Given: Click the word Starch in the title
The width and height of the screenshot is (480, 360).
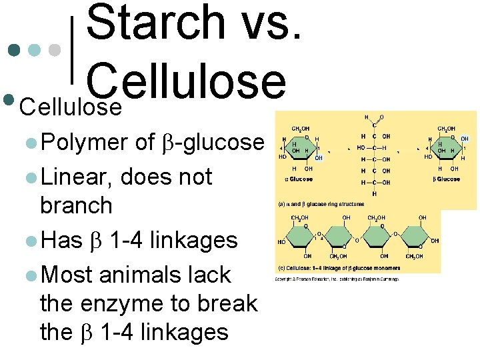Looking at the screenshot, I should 157,23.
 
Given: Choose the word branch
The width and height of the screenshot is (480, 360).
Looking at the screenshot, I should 76,205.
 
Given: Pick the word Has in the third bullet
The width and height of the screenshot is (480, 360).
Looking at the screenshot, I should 61,239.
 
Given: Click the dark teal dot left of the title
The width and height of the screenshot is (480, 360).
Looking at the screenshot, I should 14,50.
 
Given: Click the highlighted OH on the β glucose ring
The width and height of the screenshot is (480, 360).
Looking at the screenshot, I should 464,139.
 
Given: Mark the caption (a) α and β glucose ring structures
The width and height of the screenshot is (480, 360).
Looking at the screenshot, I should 321,204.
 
